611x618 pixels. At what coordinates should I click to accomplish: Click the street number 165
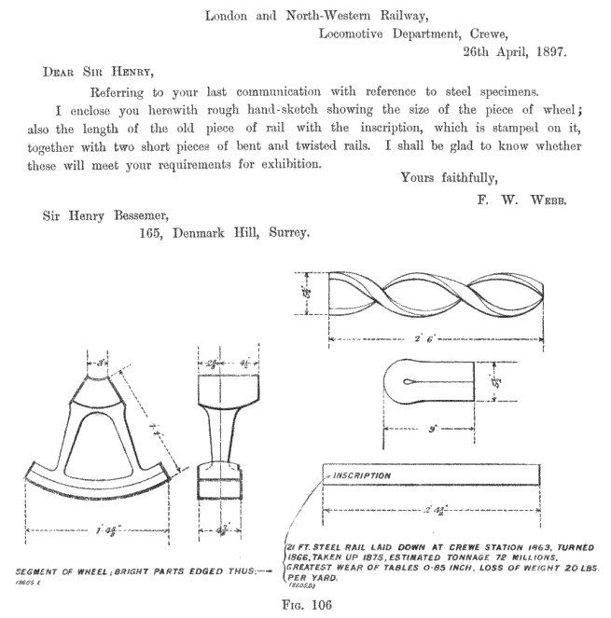coord(152,235)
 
